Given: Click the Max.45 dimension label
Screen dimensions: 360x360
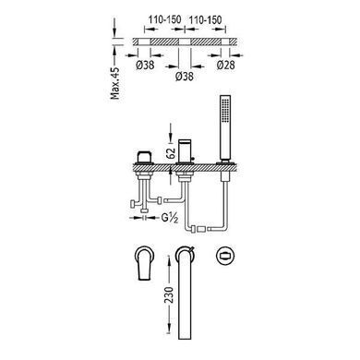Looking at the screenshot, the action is coord(115,83).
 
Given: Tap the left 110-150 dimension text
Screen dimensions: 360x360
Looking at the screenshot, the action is coord(165,20).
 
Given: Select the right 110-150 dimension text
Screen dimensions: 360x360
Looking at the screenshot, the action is coord(205,20).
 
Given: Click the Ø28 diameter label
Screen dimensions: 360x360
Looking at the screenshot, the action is coord(225,65).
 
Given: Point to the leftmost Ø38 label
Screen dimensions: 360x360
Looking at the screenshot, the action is coord(145,65).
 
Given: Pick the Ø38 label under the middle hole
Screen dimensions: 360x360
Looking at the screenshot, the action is coord(185,76).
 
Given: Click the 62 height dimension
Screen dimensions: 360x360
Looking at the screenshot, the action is coord(172,151).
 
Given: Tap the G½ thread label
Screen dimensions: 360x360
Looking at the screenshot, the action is coord(170,218).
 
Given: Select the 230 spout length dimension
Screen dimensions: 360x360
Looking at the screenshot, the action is coord(169,295).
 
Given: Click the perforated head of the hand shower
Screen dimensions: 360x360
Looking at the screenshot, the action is coord(225,109).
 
